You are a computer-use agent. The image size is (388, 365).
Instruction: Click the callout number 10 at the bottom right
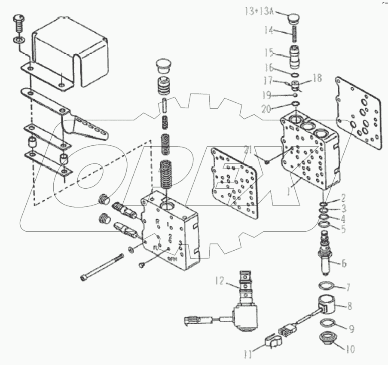point(351,350)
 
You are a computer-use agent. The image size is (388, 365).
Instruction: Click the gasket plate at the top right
point(359,112)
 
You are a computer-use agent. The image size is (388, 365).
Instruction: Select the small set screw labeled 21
point(267,162)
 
